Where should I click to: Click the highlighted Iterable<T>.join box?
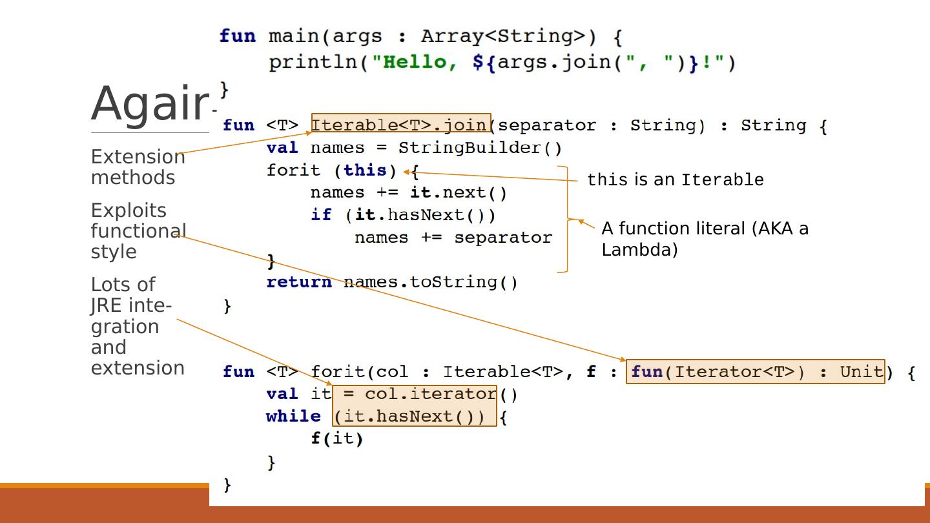(401, 125)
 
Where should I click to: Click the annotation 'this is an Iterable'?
(675, 179)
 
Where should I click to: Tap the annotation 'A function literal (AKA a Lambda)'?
(704, 238)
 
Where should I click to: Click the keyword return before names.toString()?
(299, 282)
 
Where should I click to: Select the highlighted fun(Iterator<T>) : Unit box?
(755, 371)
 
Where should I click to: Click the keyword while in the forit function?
(293, 416)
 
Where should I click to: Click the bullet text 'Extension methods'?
(137, 167)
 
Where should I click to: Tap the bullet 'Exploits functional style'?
(138, 231)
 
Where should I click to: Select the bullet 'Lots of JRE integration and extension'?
(137, 326)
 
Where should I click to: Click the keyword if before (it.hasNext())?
(321, 215)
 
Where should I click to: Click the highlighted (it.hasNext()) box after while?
(415, 416)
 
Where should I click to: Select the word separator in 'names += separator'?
(502, 238)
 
